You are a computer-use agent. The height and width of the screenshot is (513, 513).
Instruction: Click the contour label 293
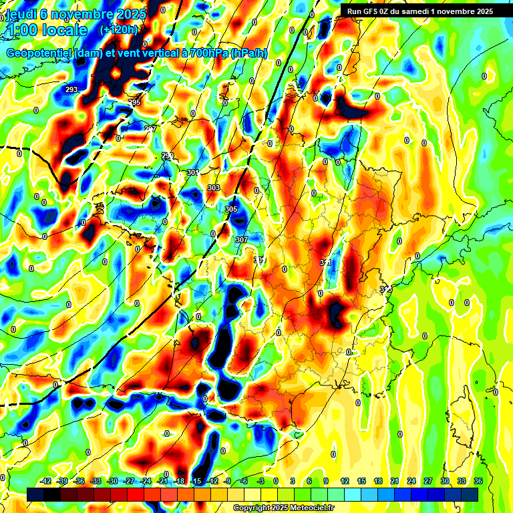point(71,89)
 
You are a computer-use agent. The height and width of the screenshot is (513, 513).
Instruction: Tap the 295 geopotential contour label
point(134,102)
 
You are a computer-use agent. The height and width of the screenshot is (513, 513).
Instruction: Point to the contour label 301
point(193,172)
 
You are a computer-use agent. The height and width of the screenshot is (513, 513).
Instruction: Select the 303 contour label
point(214,188)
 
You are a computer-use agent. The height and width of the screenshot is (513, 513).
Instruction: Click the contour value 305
point(231,209)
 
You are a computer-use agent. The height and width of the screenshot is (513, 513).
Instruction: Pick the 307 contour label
point(242,239)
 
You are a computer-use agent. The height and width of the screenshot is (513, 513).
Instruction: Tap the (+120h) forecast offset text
point(118,29)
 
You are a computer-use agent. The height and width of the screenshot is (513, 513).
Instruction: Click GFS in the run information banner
point(371,11)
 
